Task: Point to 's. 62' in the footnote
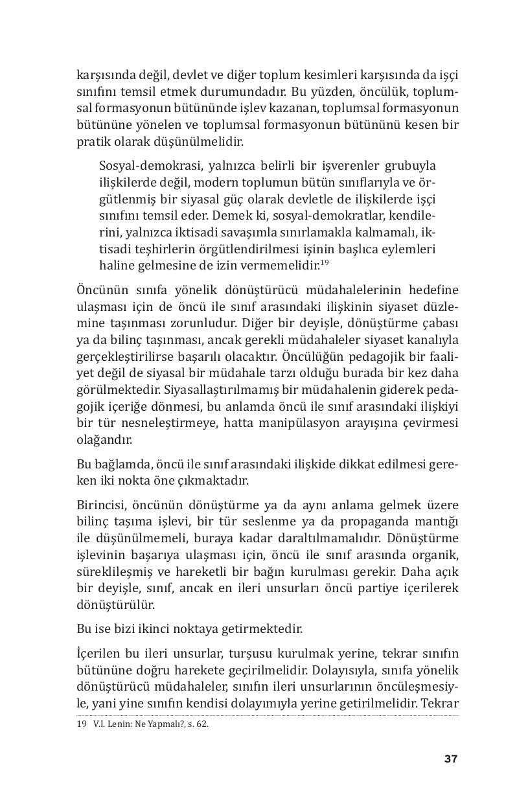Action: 196,724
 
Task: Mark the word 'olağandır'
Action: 104,439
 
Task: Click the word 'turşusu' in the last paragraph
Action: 282,653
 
